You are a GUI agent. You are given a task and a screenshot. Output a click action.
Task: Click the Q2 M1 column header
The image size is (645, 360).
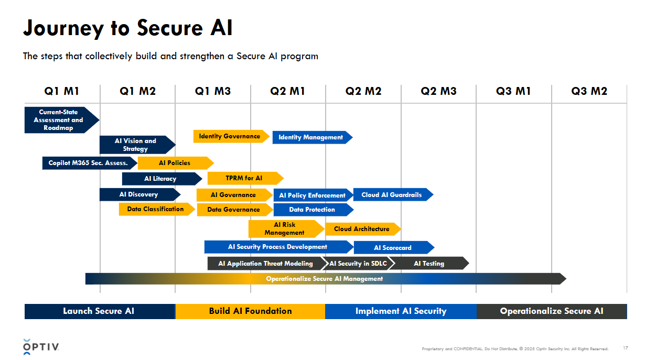point(287,91)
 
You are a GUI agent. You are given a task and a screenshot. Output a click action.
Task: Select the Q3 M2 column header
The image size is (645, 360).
point(589,91)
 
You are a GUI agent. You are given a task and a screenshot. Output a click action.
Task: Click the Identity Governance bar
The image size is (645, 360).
point(230,136)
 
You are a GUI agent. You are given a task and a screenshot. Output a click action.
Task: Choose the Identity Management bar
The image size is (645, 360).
point(311,137)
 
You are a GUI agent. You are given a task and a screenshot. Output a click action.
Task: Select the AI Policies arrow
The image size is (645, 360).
point(175,163)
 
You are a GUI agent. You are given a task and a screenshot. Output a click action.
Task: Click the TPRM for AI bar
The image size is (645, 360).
point(244,178)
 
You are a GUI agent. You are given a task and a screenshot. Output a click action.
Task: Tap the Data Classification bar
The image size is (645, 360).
point(156,209)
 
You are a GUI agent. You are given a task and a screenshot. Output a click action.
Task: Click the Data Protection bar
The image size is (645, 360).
point(313,210)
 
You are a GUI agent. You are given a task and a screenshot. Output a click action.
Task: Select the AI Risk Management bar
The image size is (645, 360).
point(285,228)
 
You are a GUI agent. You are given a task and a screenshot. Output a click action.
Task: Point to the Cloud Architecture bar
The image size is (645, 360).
point(362,229)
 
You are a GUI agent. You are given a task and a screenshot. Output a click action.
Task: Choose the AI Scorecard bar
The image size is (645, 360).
point(393,247)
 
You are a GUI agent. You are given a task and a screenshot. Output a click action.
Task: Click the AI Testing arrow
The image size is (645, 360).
point(429,264)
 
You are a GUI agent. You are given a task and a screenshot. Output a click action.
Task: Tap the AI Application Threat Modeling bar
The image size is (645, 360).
point(266,264)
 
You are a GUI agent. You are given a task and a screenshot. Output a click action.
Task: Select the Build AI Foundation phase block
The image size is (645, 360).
point(250,311)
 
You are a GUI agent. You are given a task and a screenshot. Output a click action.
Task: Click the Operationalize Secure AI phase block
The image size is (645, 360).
point(552,311)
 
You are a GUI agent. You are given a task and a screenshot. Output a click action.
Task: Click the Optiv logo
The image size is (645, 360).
point(41,346)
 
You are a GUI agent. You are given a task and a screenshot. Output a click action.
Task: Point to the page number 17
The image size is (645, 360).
point(625,348)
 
